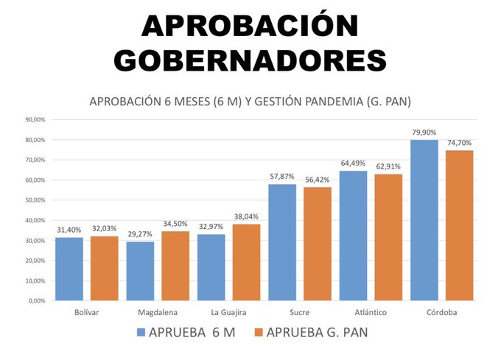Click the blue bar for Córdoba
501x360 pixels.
pyautogui.click(x=424, y=220)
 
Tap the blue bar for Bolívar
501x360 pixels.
pyautogui.click(x=70, y=269)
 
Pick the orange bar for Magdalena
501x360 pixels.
pyautogui.click(x=175, y=266)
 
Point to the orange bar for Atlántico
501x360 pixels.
pyautogui.click(x=388, y=237)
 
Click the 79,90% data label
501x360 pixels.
pyautogui.click(x=424, y=133)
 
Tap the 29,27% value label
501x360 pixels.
pyautogui.click(x=140, y=234)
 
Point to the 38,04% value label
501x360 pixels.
pyautogui.click(x=247, y=216)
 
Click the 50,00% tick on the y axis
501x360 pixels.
pyautogui.click(x=35, y=200)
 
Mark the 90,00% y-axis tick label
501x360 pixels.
pyautogui.click(x=35, y=119)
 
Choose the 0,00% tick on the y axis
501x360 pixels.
pyautogui.click(x=37, y=300)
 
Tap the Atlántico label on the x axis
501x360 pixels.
pyautogui.click(x=371, y=312)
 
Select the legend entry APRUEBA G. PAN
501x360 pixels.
pyautogui.click(x=309, y=333)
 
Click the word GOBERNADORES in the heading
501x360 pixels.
pyautogui.click(x=251, y=60)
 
